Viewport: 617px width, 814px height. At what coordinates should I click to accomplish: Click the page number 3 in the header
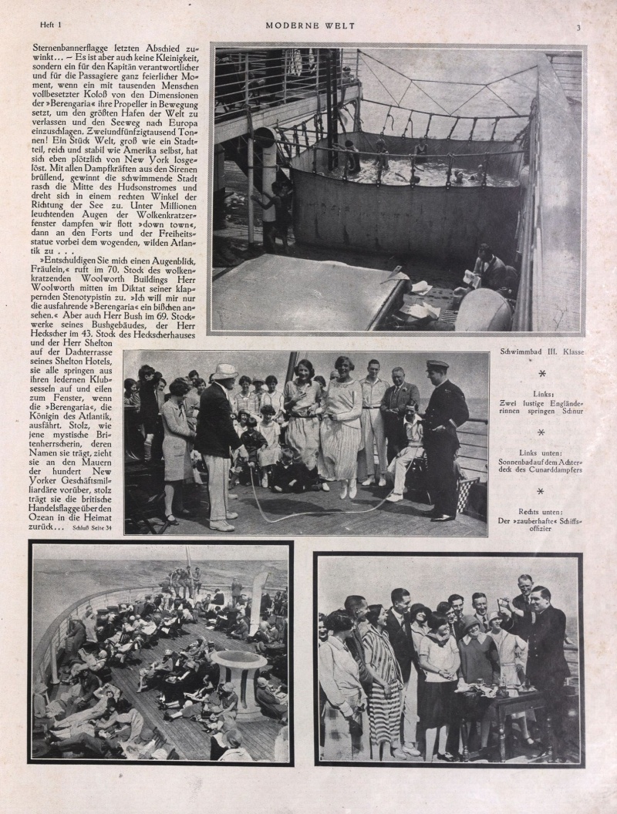[x=578, y=27]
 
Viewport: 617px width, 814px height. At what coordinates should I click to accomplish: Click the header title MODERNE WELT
[x=310, y=25]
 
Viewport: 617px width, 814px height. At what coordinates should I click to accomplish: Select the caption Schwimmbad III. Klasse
[x=542, y=351]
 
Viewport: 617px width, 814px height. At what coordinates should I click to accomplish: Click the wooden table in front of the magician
[x=505, y=698]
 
